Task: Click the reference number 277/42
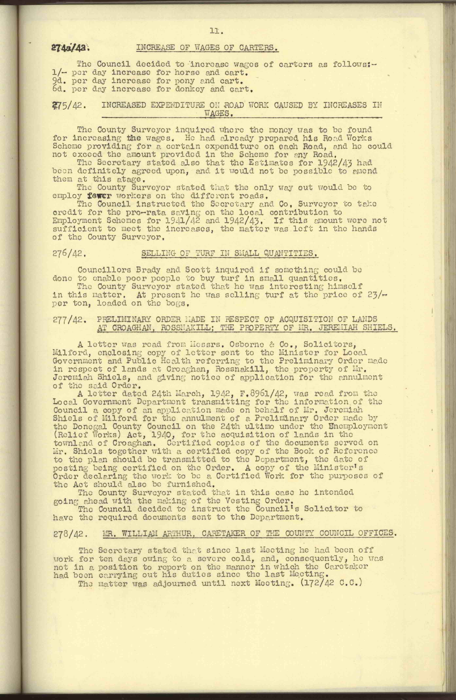[70, 320]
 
